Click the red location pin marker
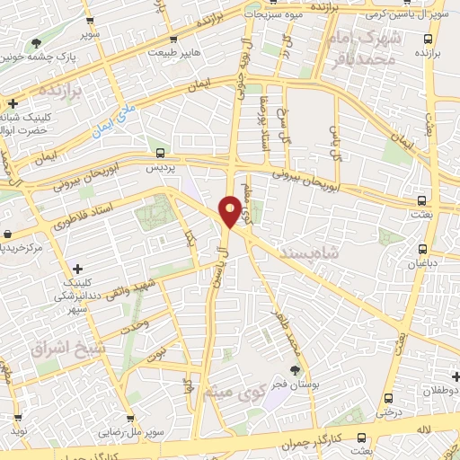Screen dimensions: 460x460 pyautogui.click(x=231, y=209)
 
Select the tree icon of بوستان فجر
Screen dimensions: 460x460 pyautogui.click(x=296, y=368)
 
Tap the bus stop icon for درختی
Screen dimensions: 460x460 pyautogui.click(x=388, y=398)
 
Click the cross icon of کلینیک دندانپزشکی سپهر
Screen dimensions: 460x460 pyautogui.click(x=78, y=268)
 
